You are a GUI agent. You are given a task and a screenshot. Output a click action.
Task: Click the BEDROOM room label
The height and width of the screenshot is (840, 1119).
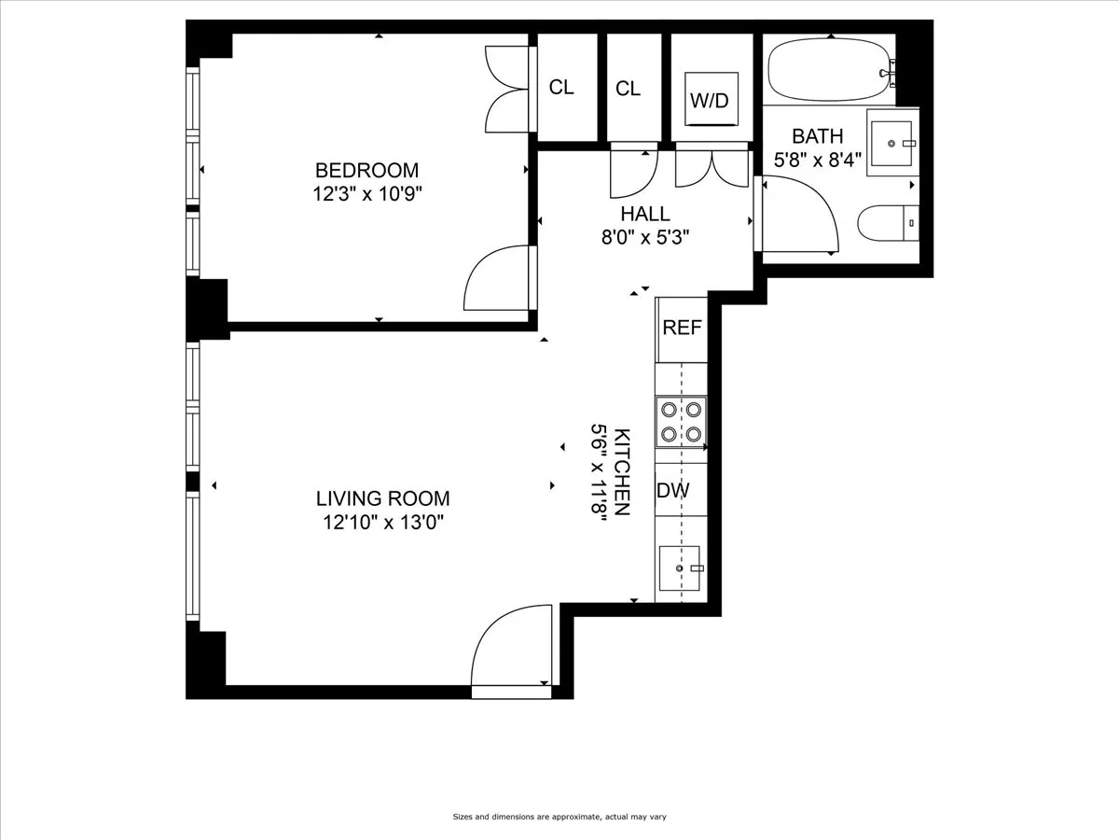[366, 171]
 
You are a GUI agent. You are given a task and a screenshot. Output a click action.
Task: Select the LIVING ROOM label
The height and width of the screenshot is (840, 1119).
[382, 498]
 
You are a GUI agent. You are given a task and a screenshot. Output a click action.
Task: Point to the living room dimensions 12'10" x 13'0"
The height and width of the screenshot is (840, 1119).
[382, 523]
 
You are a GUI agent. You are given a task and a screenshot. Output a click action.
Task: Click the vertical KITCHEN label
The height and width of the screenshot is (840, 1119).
[623, 471]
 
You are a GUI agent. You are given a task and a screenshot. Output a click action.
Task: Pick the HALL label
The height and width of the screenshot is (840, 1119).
[645, 214]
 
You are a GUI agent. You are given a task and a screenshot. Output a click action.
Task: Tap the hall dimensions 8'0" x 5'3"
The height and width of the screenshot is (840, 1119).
[645, 237]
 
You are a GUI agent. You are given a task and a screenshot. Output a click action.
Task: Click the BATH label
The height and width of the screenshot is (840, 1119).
[817, 136]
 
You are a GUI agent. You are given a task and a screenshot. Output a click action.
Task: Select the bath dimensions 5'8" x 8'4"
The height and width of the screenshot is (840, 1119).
[817, 160]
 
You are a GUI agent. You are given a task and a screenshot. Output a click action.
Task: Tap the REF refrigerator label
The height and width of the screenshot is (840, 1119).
[681, 329]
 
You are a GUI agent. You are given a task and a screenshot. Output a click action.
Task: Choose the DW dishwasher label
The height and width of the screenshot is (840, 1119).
[673, 491]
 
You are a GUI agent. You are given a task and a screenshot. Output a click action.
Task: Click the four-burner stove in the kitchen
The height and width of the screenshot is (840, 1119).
[681, 421]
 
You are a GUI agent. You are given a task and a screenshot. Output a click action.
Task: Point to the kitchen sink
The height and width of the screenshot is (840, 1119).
[681, 568]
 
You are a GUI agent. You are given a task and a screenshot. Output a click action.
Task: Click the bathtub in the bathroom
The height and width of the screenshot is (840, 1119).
[825, 70]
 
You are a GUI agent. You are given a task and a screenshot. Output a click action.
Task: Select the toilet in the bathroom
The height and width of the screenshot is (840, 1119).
[887, 224]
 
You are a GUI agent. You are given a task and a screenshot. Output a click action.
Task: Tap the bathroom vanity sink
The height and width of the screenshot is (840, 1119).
[892, 143]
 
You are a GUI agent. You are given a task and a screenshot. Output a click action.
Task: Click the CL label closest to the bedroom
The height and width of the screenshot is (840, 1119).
[561, 88]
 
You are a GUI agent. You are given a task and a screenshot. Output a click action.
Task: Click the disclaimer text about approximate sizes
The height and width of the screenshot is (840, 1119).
[559, 817]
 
